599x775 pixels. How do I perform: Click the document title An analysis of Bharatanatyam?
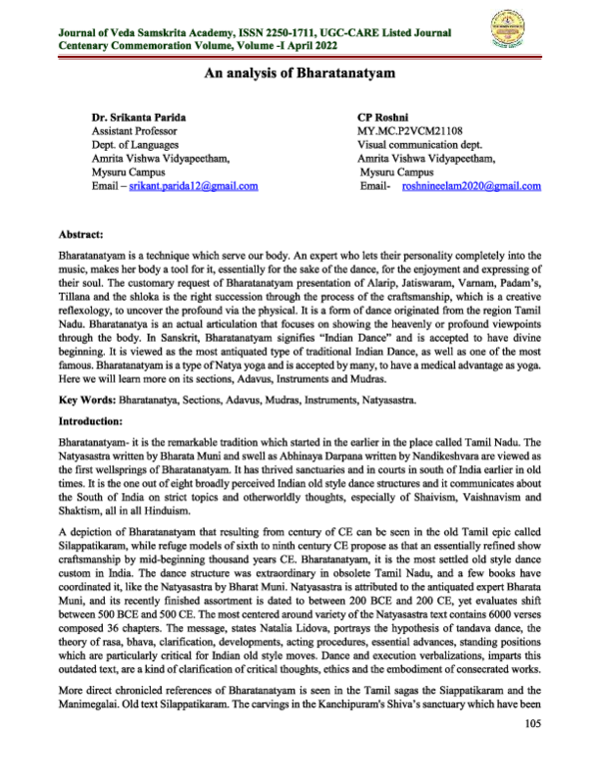[299, 73]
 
